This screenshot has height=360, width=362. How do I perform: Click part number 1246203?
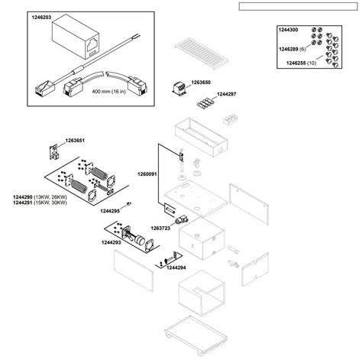41,18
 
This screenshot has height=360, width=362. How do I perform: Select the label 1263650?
201,83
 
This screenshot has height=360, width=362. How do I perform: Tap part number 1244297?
227,94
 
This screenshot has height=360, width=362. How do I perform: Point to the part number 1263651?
75,141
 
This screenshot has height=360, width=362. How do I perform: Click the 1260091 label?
147,174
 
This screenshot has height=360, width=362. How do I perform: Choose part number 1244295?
110,211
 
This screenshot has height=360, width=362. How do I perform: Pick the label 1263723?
160,228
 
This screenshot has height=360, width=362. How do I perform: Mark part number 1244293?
111,242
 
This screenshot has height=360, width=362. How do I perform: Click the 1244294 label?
176,268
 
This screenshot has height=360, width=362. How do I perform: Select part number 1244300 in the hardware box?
288,30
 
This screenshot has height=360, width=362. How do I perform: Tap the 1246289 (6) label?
293,49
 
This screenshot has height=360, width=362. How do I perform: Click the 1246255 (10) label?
301,63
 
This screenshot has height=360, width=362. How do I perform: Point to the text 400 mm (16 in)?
109,92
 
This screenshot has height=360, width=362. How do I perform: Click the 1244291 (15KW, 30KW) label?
40,203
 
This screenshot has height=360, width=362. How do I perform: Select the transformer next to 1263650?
179,88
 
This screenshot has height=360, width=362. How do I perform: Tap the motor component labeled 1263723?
182,219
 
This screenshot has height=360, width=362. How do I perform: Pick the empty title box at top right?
298,6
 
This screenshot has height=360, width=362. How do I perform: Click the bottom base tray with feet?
196,334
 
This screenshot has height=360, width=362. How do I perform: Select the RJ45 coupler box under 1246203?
76,36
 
